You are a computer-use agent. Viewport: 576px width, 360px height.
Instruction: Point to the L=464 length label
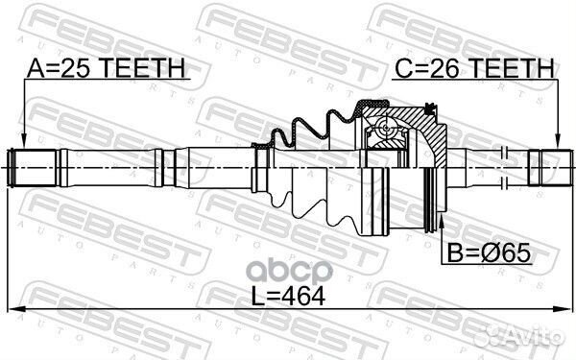[287, 295]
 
